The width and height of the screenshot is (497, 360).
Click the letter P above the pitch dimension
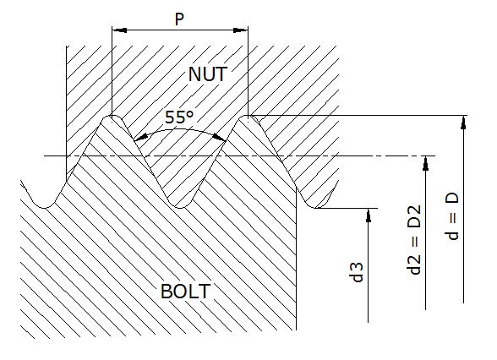(179, 19)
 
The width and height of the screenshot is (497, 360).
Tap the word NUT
(207, 74)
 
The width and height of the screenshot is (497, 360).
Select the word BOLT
(185, 292)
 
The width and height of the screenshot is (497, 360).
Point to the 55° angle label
(179, 118)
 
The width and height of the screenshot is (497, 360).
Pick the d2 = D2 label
(414, 240)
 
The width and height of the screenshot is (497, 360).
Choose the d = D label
(453, 216)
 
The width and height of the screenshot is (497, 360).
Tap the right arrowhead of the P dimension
(242, 30)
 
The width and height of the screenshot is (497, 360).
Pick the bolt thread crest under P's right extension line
(248, 117)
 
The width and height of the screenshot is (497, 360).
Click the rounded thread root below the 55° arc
(179, 204)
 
